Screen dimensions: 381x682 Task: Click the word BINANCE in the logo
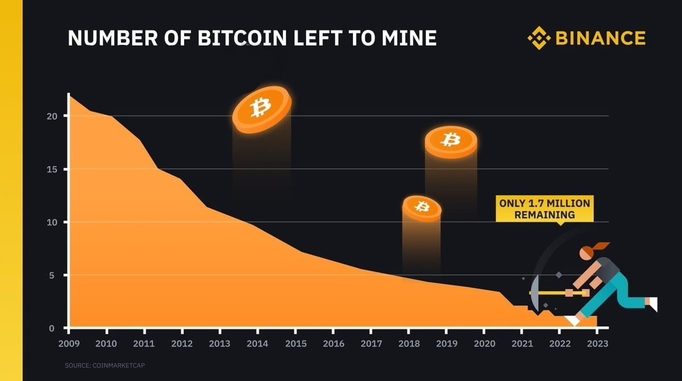point(600,38)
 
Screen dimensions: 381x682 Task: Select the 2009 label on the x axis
point(68,344)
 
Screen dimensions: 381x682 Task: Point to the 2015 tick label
point(296,344)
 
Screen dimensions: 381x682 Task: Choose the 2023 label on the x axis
point(597,344)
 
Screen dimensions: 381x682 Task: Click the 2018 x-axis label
point(409,344)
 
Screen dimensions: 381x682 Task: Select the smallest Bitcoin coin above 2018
point(422,207)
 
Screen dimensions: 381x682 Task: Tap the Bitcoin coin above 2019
point(451,141)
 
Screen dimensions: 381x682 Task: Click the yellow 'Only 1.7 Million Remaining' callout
point(544,208)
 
